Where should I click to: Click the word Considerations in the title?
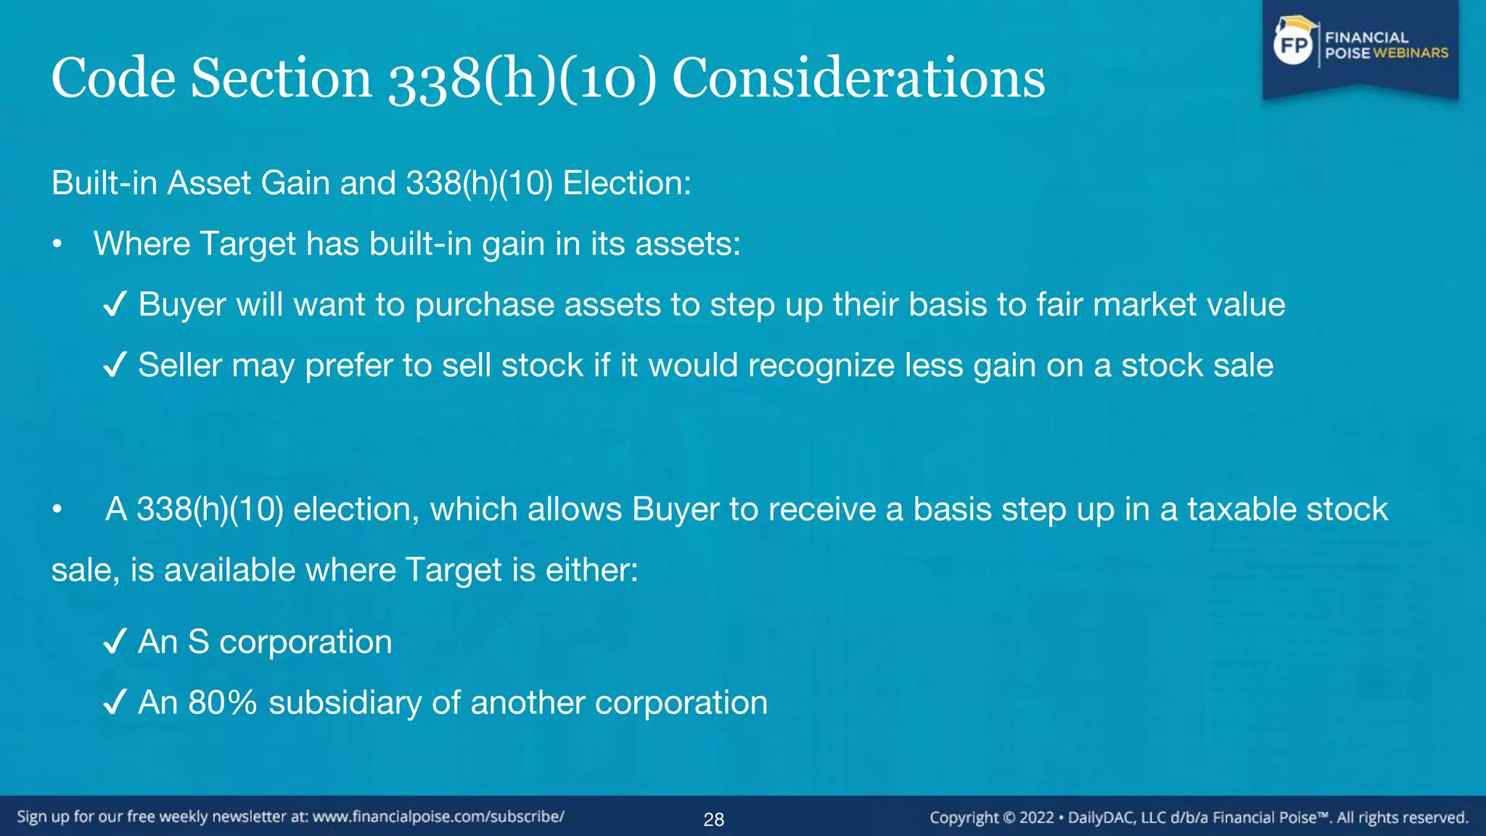(x=858, y=78)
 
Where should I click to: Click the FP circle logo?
(x=1294, y=46)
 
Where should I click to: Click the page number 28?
(x=713, y=819)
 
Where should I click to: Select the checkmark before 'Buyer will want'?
(x=115, y=304)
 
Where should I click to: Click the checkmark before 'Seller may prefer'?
(x=115, y=365)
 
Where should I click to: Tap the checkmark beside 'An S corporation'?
(x=115, y=642)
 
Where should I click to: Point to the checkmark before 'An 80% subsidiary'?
(x=115, y=702)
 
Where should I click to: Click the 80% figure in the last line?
(x=222, y=702)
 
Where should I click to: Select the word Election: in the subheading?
(x=627, y=183)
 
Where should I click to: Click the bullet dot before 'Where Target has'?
(x=57, y=245)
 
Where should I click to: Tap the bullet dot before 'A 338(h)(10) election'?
(x=57, y=510)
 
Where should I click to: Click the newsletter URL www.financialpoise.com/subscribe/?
(x=438, y=816)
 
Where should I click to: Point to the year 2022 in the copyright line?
(x=1036, y=818)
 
